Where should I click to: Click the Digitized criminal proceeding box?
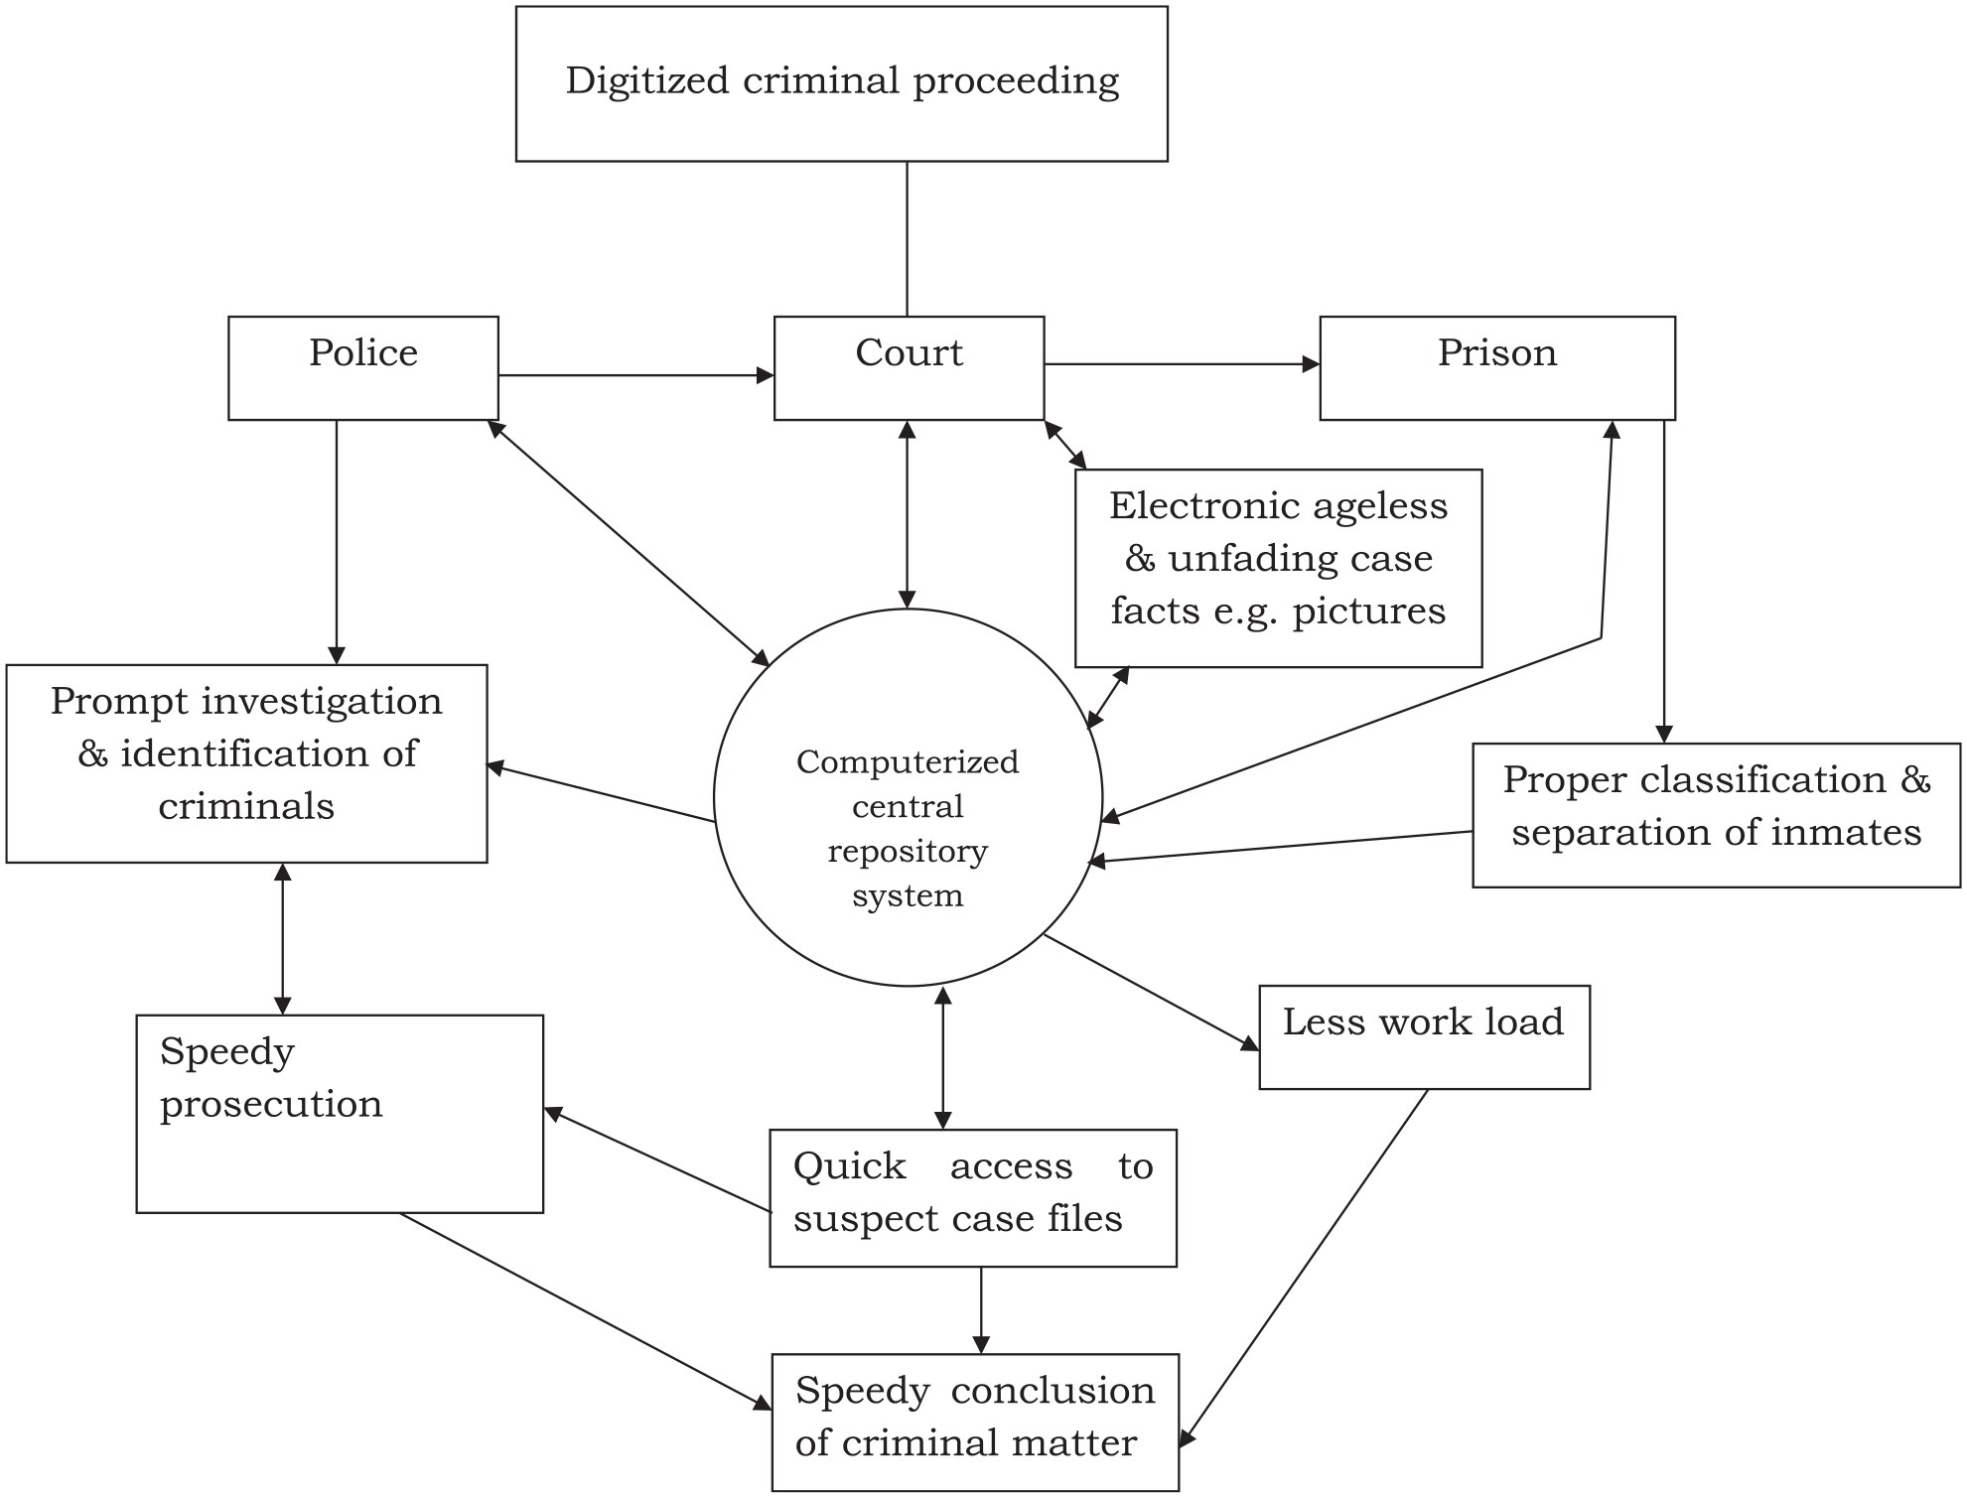click(841, 84)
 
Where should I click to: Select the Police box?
click(362, 368)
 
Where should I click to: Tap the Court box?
click(909, 368)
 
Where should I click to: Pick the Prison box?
click(1496, 368)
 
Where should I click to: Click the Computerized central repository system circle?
click(908, 797)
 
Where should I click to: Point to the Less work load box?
click(1424, 1037)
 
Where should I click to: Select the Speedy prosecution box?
click(340, 1113)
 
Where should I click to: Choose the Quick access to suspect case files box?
click(973, 1197)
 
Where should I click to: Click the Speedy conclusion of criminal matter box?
click(975, 1422)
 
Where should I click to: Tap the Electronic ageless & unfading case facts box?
click(1278, 568)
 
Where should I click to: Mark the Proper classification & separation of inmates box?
click(1716, 814)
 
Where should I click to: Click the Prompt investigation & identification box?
click(246, 763)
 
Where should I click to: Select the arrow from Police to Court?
click(635, 375)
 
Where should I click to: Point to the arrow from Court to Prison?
click(1182, 364)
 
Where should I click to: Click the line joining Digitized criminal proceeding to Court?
click(908, 238)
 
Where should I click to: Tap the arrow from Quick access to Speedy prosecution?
click(657, 1160)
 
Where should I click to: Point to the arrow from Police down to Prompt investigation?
click(337, 541)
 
